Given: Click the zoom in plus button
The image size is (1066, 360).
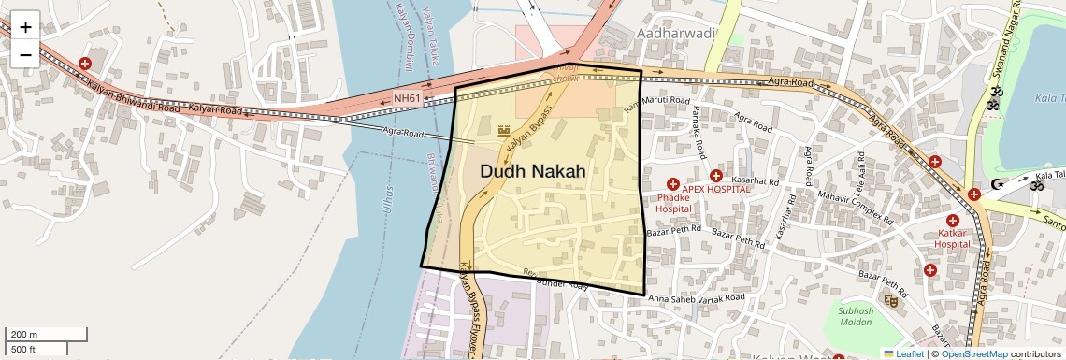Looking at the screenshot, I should [25, 27].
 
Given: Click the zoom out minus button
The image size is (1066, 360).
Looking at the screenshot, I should [25, 54].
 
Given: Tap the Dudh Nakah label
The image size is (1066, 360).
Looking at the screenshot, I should [533, 171].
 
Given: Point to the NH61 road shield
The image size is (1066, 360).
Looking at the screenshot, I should [407, 98].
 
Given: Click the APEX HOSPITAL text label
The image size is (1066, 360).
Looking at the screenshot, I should [716, 188].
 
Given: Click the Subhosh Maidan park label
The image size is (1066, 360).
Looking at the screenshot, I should [855, 316].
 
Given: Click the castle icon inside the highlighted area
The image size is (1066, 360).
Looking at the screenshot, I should [505, 132].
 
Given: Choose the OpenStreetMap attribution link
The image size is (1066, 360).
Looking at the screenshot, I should [974, 353].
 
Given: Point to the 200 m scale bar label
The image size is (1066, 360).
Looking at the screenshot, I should [24, 335].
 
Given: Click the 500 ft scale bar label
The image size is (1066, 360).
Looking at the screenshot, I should [23, 350].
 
